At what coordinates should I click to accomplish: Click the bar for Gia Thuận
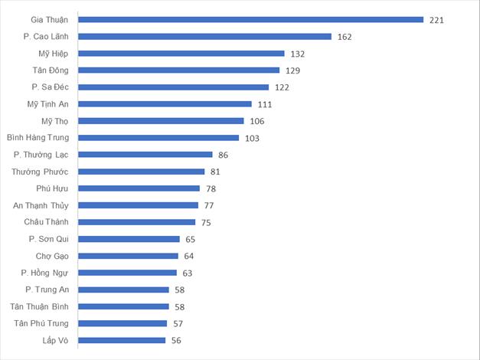(x=251, y=19)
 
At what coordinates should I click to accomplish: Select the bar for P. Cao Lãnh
(x=205, y=36)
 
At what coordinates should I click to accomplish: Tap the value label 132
(x=298, y=54)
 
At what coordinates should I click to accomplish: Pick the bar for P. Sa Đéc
(x=174, y=87)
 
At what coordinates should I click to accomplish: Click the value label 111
(x=265, y=104)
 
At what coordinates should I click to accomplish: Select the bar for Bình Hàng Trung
(x=159, y=138)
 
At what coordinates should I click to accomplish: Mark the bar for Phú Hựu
(x=139, y=188)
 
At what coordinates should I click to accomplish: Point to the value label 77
(x=209, y=205)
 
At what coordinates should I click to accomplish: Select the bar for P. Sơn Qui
(x=129, y=239)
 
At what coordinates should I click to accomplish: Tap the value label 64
(x=189, y=256)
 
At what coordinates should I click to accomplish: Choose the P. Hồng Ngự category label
(x=45, y=273)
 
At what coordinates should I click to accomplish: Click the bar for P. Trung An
(x=124, y=290)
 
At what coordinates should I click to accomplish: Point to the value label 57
(x=178, y=323)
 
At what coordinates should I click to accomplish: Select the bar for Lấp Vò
(x=122, y=340)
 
